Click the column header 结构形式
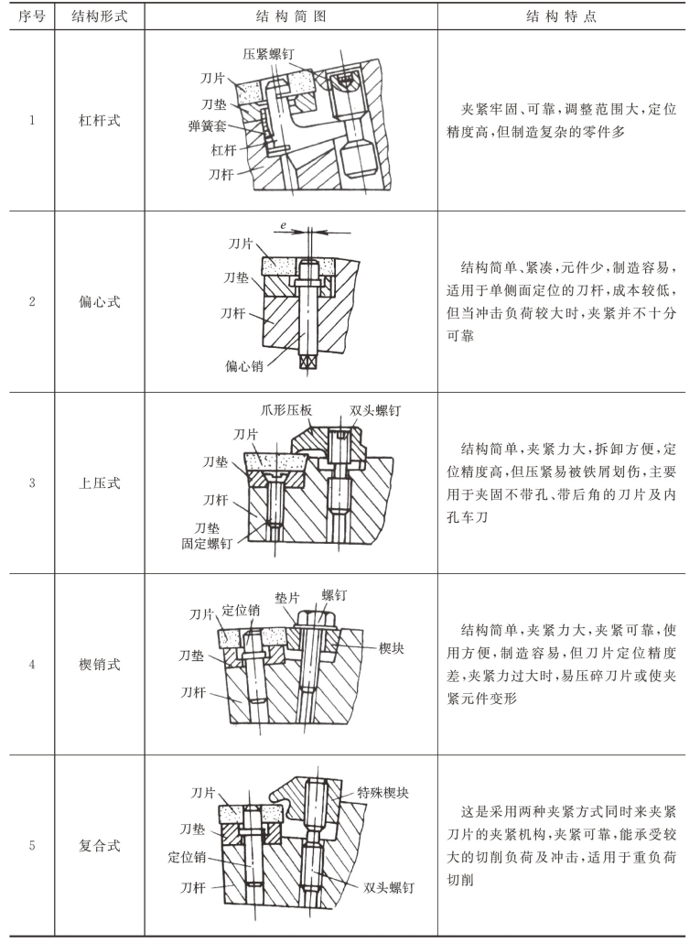[x=100, y=17]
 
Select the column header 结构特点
[x=561, y=17]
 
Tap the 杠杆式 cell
[x=100, y=121]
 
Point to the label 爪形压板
[x=283, y=411]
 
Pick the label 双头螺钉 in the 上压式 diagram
[x=375, y=411]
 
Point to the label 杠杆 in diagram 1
[x=224, y=149]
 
